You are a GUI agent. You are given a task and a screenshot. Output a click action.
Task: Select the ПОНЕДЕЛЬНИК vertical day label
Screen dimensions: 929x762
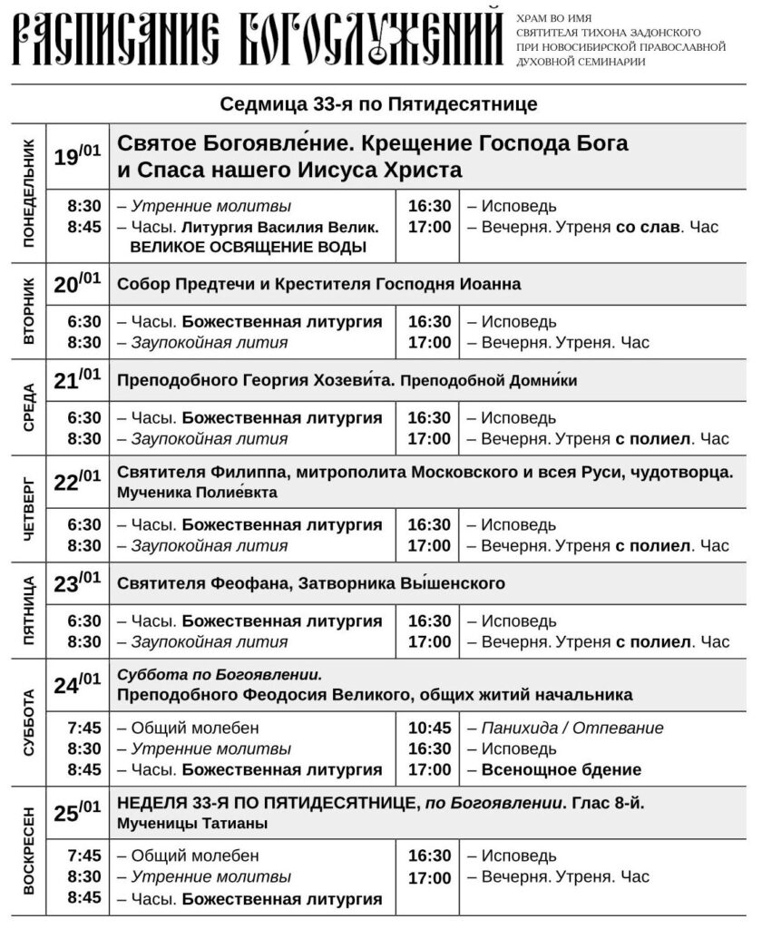28,193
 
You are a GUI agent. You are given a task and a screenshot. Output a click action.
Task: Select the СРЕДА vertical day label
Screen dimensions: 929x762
28,406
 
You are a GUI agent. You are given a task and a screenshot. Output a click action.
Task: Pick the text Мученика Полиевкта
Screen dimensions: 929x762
198,493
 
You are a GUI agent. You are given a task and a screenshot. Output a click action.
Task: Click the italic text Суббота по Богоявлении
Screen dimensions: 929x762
220,675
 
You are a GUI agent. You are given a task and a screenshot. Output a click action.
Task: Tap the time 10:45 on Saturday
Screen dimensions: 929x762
429,728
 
